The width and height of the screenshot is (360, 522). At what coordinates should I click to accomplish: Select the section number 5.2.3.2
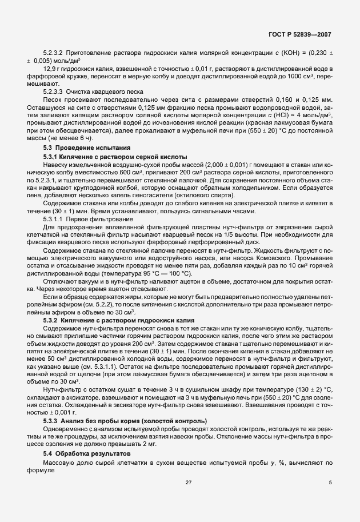(53, 53)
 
